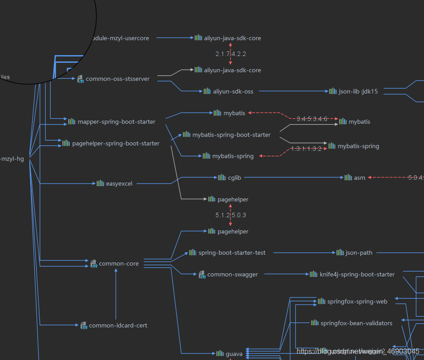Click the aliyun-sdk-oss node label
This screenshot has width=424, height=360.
(233, 91)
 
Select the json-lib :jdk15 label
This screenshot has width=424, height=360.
(359, 91)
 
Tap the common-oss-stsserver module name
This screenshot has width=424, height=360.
(117, 79)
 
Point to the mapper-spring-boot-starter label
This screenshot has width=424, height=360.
(116, 122)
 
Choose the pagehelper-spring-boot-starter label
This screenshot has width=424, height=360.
(116, 143)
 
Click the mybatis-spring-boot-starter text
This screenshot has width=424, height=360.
(231, 135)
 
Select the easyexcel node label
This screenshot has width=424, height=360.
(119, 183)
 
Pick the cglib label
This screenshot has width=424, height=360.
(235, 178)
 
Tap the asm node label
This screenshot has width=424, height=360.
(359, 178)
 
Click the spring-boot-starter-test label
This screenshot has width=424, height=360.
(232, 252)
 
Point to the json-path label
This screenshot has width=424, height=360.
(359, 252)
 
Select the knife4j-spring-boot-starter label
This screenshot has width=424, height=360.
(357, 274)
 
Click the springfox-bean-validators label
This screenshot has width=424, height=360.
(356, 323)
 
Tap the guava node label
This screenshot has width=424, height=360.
(234, 354)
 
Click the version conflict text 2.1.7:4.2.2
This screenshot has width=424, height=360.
(231, 54)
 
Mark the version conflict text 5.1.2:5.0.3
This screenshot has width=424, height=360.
(231, 215)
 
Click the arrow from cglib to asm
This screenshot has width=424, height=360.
(294, 178)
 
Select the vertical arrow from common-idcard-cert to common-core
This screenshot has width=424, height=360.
(116, 294)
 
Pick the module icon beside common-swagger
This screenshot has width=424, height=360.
(202, 274)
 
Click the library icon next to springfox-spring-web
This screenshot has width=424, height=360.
(321, 301)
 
